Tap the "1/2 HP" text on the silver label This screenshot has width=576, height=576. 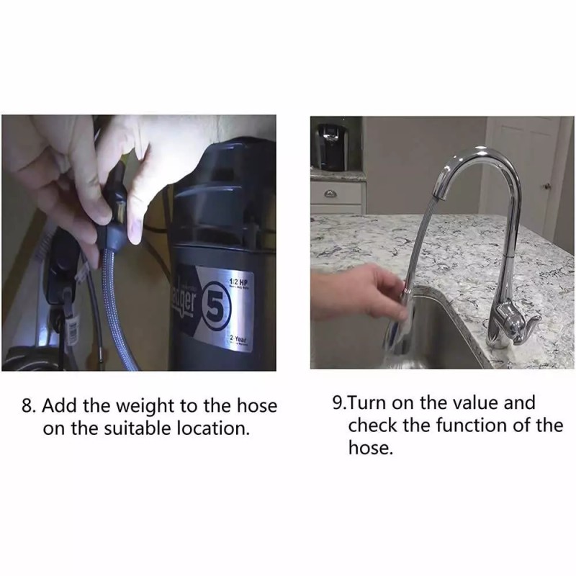(x=238, y=283)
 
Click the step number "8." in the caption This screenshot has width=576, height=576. (x=29, y=405)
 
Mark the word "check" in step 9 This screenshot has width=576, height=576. (x=372, y=425)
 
